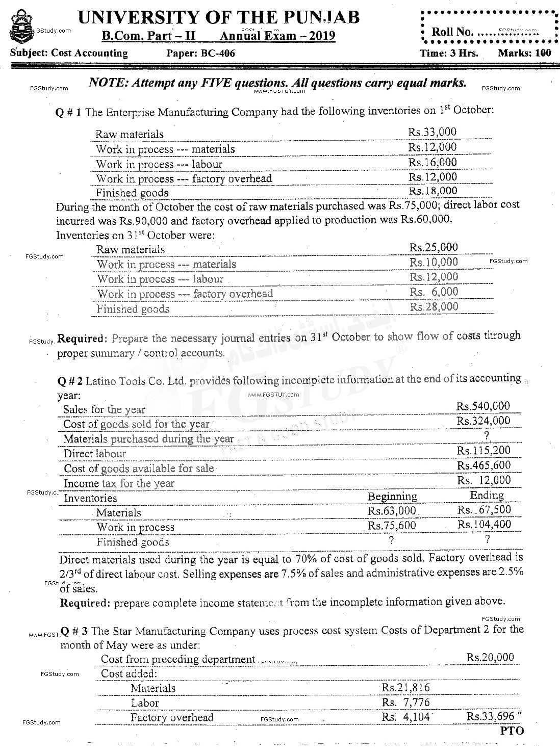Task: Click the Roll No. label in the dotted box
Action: (452, 32)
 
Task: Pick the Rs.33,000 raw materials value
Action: (432, 132)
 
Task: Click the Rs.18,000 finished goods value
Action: (433, 191)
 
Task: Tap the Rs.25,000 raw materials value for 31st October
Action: (434, 247)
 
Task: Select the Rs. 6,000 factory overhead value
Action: (434, 292)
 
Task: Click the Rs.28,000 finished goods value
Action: (434, 306)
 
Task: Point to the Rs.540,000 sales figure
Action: (483, 406)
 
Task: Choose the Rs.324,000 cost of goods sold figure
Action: (483, 421)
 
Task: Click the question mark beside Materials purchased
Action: (487, 435)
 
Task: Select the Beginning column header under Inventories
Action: (392, 496)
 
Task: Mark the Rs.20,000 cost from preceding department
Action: (490, 657)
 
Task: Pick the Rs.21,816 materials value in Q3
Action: (406, 687)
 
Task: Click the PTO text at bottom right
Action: (512, 731)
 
